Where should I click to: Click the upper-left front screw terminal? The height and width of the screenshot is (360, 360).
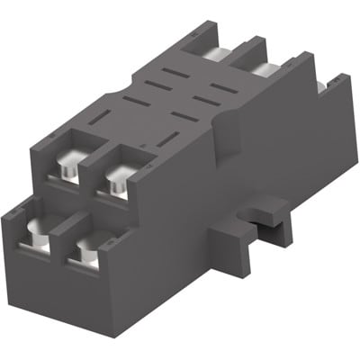click(69, 169)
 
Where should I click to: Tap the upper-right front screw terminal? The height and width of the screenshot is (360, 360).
click(117, 182)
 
